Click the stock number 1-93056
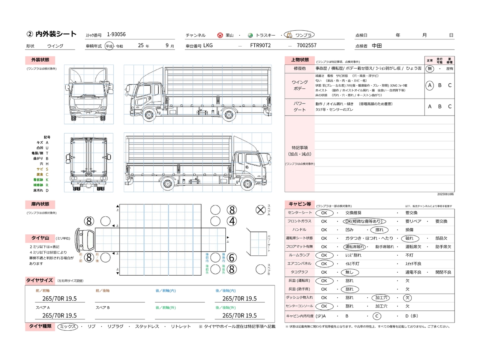tap(116, 34)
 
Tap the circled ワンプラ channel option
tap(300, 35)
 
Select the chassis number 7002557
tap(306, 45)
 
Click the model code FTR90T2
tap(260, 45)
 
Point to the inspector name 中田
tap(376, 46)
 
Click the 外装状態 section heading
tap(40, 60)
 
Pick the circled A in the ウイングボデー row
tap(430, 85)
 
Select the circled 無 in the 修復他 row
tap(430, 69)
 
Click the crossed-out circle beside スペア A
tap(261, 210)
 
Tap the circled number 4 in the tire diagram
tap(232, 221)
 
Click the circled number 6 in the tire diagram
tap(232, 258)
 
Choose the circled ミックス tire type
tap(68, 327)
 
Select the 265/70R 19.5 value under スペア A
tap(59, 316)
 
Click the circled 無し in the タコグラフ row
tap(349, 272)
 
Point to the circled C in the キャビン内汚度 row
tap(377, 316)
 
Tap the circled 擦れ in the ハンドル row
tap(379, 230)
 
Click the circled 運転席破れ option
tap(354, 247)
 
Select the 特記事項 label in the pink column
tap(300, 148)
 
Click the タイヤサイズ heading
tap(39, 280)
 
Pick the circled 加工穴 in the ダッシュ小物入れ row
tap(381, 298)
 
